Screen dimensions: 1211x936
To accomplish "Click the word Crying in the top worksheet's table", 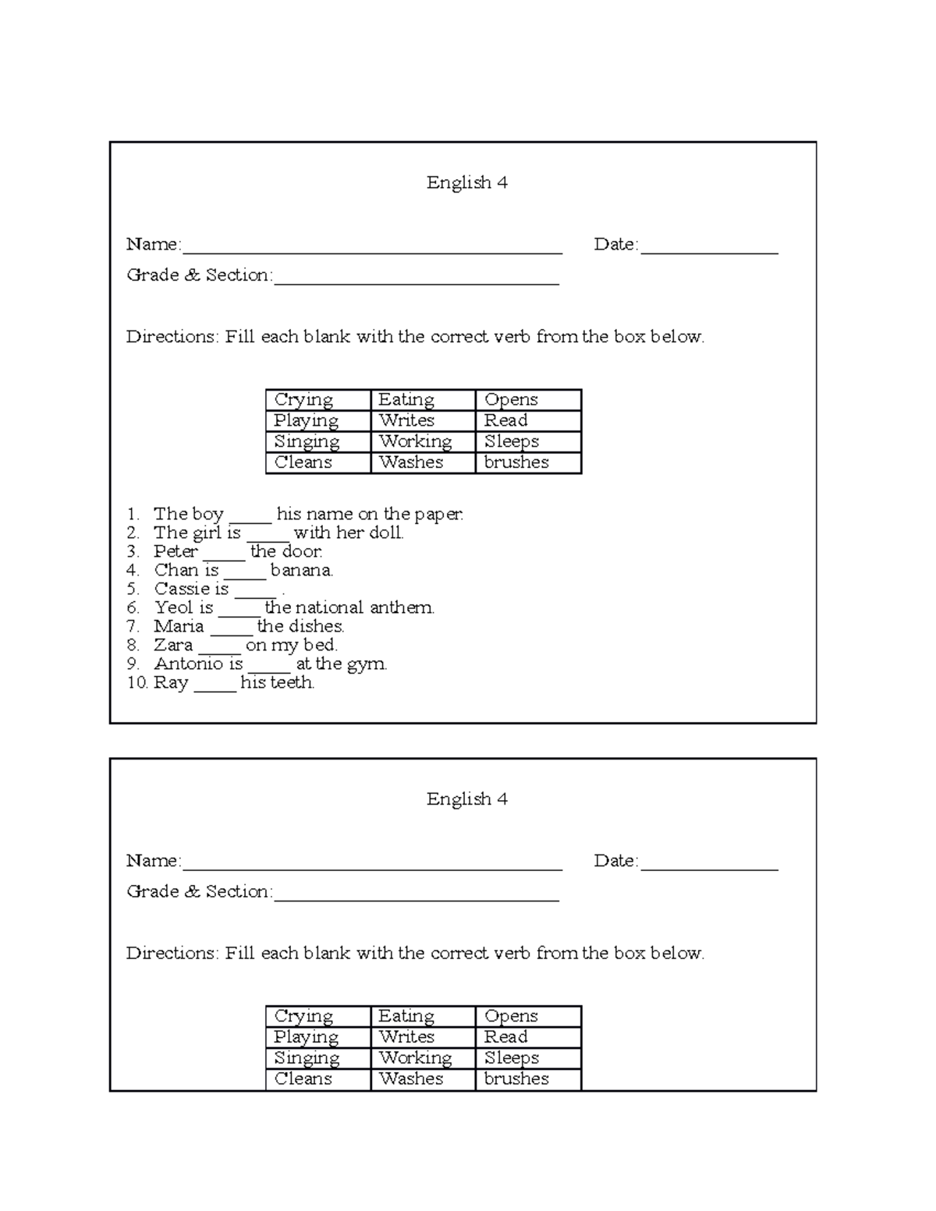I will click(x=303, y=400).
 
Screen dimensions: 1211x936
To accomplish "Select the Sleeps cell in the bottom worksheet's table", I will click(x=511, y=1058).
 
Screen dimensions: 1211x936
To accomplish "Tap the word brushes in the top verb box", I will click(x=516, y=462).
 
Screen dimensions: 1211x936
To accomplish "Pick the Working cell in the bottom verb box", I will click(x=415, y=1058).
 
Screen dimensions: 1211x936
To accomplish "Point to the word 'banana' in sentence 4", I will click(x=301, y=571).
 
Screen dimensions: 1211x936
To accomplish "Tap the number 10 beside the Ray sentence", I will click(x=136, y=683).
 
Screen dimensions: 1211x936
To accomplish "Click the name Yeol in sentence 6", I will click(x=172, y=608).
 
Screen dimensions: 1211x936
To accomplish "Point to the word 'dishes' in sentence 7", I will click(x=316, y=627).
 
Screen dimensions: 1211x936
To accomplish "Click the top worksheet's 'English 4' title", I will click(x=466, y=182).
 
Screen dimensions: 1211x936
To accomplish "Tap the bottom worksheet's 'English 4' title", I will click(x=466, y=799).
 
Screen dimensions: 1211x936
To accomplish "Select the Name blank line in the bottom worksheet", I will click(x=371, y=866).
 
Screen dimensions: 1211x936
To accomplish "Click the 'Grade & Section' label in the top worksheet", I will click(x=199, y=275).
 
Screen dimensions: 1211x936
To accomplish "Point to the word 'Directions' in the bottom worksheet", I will click(x=172, y=954).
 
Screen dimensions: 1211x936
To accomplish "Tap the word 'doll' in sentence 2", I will click(x=387, y=533).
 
